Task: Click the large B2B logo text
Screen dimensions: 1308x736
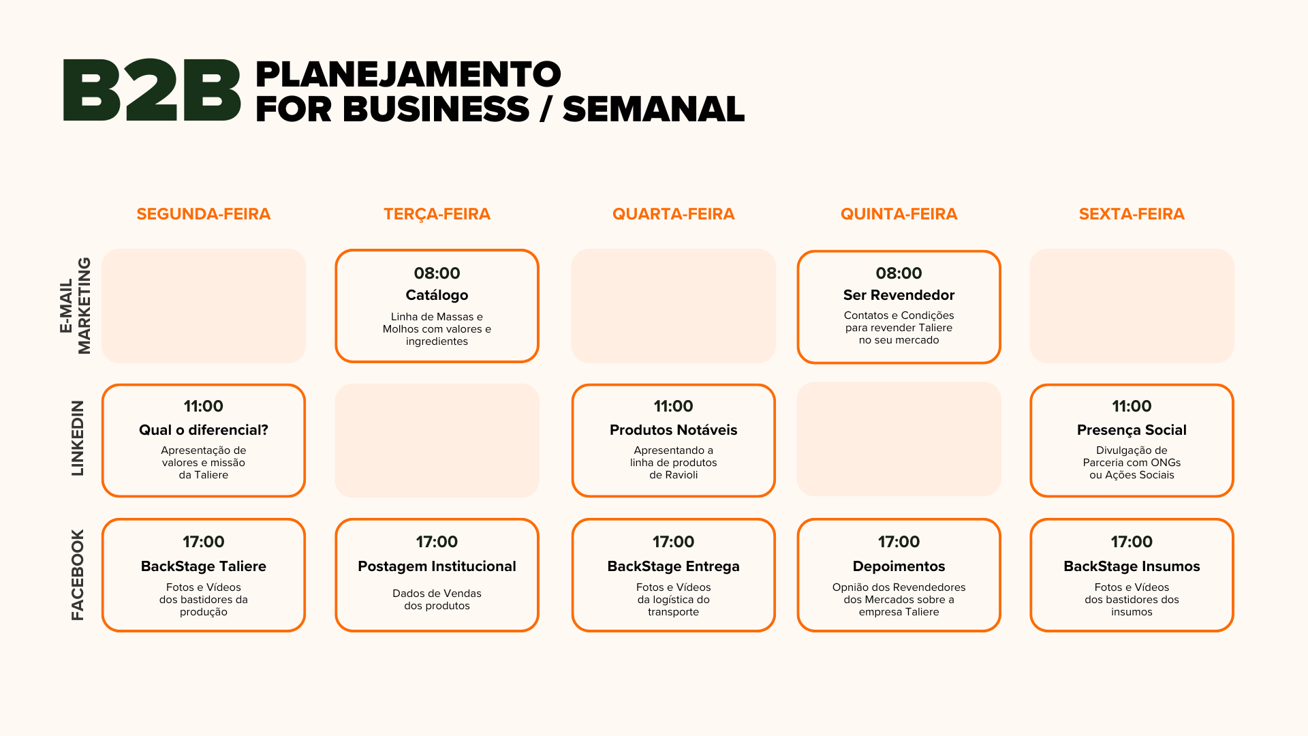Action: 151,90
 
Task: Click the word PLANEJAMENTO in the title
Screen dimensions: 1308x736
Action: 408,74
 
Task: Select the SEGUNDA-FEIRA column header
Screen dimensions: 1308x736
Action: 203,214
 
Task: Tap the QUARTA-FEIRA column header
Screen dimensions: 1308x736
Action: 673,214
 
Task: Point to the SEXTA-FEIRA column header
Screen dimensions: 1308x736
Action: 1132,214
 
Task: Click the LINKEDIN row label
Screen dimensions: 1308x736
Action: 78,438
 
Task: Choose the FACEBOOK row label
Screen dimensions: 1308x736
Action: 78,574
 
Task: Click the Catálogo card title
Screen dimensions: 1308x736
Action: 437,295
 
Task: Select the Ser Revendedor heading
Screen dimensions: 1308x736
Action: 899,295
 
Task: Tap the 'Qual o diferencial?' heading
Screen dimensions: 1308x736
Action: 203,430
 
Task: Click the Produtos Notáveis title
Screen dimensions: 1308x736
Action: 673,430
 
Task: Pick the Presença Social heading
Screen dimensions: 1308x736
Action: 1132,430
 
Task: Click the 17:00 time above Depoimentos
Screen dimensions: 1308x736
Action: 899,542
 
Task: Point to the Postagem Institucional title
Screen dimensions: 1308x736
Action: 437,566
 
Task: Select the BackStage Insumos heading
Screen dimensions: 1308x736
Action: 1132,566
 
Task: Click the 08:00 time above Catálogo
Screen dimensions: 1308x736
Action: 437,273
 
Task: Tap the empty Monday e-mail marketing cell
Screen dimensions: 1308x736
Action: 203,305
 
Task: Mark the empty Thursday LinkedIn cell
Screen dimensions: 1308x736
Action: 899,439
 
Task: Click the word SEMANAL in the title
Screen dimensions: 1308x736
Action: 653,109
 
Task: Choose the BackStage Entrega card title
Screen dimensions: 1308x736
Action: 673,566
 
